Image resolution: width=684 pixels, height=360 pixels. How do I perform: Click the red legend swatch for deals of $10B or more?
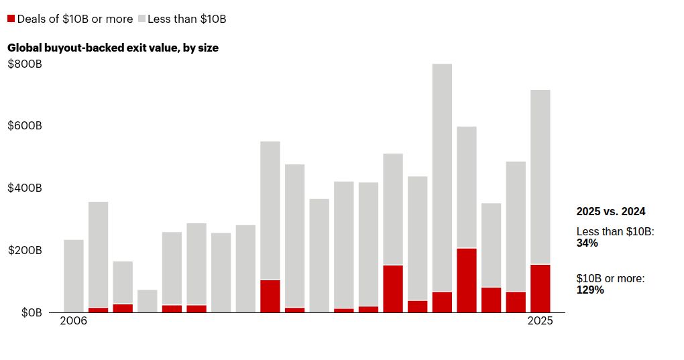(x=11, y=19)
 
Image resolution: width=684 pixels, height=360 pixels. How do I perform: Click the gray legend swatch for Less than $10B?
(x=141, y=19)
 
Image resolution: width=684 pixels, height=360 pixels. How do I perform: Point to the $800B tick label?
(x=25, y=64)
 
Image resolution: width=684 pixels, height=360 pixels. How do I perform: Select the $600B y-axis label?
(x=25, y=126)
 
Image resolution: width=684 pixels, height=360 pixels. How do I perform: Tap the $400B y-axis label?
(x=25, y=188)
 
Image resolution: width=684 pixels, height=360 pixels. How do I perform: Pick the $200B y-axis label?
(x=25, y=251)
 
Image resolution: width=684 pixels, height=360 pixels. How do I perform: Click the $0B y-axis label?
(x=25, y=312)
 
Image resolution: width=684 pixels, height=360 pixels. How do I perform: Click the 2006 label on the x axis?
(x=73, y=321)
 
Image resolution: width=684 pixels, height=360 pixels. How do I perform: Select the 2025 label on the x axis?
(x=540, y=321)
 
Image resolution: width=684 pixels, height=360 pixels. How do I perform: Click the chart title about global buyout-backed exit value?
(x=113, y=48)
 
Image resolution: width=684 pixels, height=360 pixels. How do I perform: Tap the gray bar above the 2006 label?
(x=74, y=276)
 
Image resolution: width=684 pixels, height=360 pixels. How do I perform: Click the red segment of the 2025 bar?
(x=540, y=288)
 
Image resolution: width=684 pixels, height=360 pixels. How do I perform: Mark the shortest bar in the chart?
(x=148, y=301)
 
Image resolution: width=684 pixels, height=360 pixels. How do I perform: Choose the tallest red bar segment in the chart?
(x=467, y=280)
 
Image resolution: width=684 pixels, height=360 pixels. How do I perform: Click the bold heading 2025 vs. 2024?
(x=611, y=211)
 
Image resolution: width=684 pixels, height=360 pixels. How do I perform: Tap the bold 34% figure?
(x=587, y=243)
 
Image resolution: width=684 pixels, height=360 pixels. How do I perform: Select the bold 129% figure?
(x=590, y=290)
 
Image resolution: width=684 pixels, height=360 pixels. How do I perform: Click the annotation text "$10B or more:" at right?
(x=610, y=278)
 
